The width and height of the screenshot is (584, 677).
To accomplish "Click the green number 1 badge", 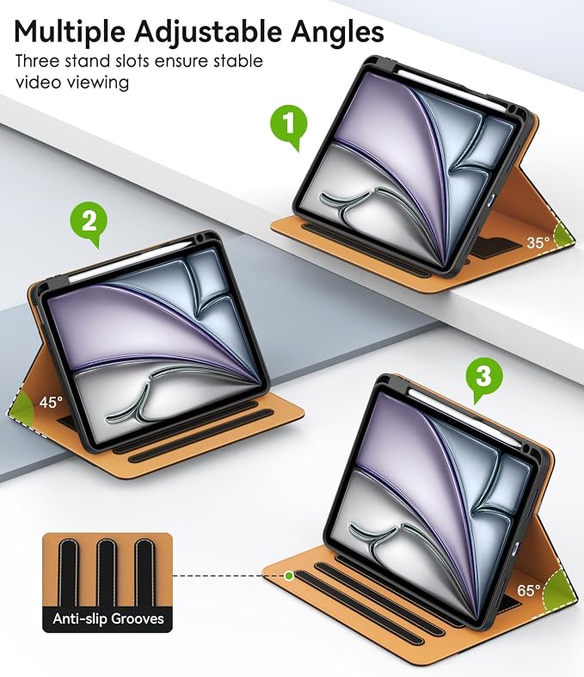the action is point(288,125).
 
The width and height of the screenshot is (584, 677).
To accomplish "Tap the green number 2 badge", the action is point(89,222).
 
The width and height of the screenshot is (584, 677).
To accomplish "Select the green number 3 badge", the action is point(483,378).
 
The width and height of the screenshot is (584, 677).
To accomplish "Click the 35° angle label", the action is point(538,243).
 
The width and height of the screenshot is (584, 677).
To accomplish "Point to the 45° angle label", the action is point(51,403).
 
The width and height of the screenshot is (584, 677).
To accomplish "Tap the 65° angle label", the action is point(528,590).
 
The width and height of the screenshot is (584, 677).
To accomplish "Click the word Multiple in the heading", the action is point(70,32).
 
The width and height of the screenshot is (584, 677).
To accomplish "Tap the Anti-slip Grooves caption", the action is point(108,619).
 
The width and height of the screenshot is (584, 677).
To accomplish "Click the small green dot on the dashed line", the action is point(289,575).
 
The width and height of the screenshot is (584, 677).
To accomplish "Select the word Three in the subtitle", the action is point(37,61).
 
